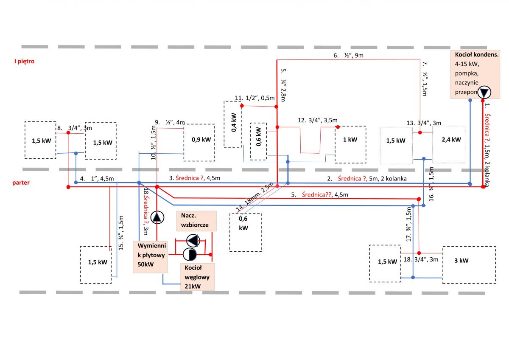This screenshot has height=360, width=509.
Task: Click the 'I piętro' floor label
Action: coord(24,62)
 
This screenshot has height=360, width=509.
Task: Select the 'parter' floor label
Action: coord(21,183)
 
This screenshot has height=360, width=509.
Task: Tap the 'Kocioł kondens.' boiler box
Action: coord(475,74)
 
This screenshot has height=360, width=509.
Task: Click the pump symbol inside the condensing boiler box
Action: coord(484,92)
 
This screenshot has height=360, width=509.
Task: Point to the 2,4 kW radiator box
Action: coord(449,144)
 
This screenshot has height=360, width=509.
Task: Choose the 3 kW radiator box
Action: coord(469,265)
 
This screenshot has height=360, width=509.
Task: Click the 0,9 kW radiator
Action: coord(199,143)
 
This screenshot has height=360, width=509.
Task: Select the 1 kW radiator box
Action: coord(350,144)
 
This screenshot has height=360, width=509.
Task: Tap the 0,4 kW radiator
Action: coord(233,124)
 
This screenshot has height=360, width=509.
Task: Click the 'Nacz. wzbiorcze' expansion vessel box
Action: coord(196,221)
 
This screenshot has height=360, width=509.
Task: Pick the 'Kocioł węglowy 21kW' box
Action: coord(197,277)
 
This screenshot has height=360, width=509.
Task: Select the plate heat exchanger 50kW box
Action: coord(150,257)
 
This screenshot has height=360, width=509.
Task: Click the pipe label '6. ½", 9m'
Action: coord(348,55)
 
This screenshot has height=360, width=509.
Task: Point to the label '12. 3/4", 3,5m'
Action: coord(317,120)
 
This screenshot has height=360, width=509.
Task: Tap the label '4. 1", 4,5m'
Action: coord(97,179)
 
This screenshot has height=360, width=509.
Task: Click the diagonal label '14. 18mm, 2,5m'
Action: coord(255,197)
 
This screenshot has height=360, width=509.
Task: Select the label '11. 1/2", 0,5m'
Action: coord(255,98)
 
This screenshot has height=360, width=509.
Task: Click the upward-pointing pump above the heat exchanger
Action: coord(157,217)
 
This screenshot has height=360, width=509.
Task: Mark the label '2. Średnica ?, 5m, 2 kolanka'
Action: coord(367,179)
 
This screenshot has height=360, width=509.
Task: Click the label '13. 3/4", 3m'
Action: coord(424,123)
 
